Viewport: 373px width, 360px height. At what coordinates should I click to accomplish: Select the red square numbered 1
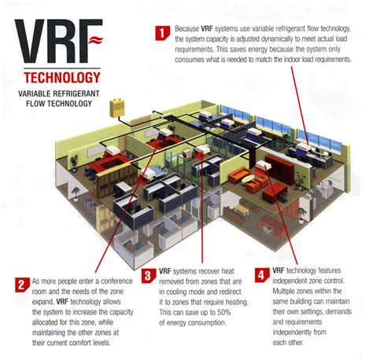pyautogui.click(x=161, y=33)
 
